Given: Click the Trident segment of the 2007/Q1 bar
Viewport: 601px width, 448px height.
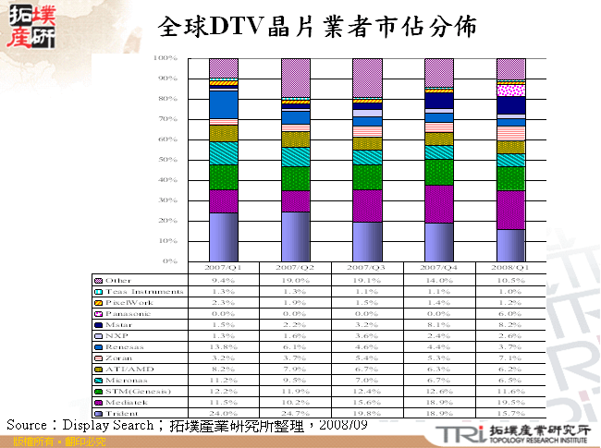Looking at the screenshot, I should click(223, 237).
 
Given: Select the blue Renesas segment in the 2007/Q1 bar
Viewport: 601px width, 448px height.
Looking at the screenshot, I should click(223, 104).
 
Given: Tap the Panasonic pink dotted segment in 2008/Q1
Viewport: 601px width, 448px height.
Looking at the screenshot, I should click(510, 91).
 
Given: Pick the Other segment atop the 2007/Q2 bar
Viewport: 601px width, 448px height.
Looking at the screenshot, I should click(295, 77).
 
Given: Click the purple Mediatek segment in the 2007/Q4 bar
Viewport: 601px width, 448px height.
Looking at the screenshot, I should click(438, 204).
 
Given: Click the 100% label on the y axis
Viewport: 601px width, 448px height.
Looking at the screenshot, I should click(165, 58).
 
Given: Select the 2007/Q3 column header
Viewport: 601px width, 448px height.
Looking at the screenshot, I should click(367, 268).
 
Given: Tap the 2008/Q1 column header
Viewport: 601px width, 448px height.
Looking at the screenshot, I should click(510, 268).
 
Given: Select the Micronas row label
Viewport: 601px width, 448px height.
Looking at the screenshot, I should click(125, 380).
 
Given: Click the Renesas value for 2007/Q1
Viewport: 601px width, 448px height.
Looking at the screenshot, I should click(223, 346).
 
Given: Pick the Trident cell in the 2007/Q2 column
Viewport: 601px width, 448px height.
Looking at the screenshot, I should click(295, 413).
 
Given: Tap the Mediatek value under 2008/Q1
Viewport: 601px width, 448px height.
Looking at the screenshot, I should click(510, 402).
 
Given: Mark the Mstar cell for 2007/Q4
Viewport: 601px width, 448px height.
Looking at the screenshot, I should click(438, 324).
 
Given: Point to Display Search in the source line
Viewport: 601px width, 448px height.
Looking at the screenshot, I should click(104, 426).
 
